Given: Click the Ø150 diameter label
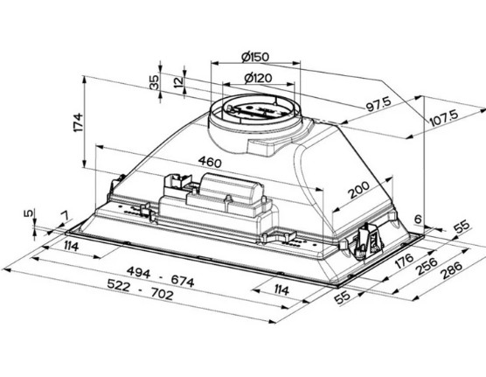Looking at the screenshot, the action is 255,57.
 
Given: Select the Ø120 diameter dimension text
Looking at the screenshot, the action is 258,78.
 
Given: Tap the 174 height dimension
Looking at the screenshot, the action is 78,122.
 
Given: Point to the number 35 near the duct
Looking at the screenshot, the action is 154,82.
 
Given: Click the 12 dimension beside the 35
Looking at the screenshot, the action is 178,82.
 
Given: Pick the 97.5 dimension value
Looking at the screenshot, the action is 378,104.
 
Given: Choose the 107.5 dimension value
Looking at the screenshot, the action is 444,117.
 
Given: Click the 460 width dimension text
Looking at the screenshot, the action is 210,162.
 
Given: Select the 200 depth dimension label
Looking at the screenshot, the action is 359,190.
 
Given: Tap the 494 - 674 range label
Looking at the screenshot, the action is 161,277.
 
